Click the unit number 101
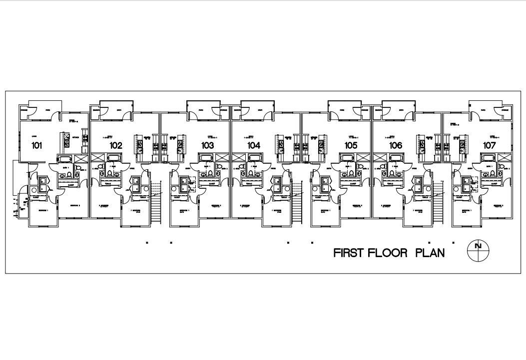pos(36,145)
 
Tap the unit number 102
pos(116,145)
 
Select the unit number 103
pos(207,145)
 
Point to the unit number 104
pos(253,145)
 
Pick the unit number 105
pos(351,145)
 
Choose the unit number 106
pos(396,145)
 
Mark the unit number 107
pos(489,145)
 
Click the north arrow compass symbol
pos(478,250)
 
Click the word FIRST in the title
pos(349,253)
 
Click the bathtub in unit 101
pos(65,159)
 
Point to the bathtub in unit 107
pos(488,159)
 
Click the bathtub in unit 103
pos(206,159)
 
